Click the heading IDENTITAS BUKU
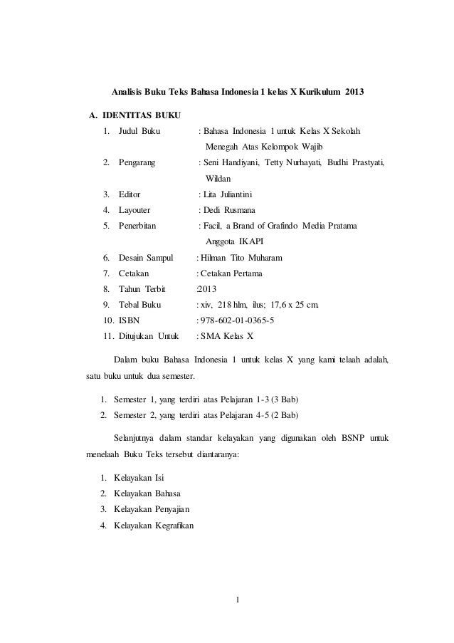click(x=142, y=115)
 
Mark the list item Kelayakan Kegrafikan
click(x=153, y=526)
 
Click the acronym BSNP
click(x=347, y=436)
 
